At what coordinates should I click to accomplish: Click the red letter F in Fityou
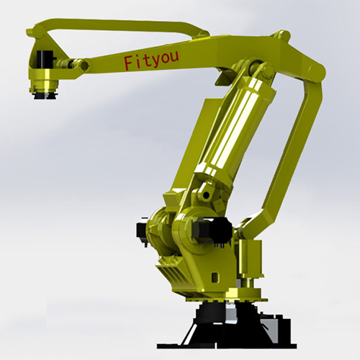click(129, 63)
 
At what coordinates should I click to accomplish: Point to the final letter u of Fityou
click(174, 57)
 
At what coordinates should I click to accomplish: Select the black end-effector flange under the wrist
click(45, 96)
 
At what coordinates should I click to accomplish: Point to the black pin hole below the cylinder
click(206, 196)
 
